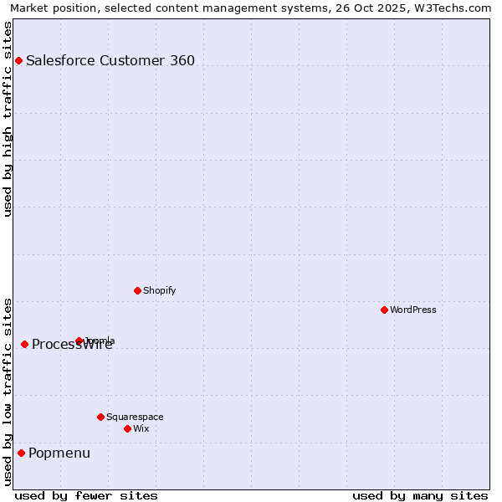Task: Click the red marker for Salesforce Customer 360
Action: [18, 60]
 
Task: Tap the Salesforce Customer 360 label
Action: [110, 60]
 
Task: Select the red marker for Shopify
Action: [137, 290]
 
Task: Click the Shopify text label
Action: [159, 290]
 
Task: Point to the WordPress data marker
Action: [384, 310]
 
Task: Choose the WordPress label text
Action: [413, 310]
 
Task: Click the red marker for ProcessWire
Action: [24, 344]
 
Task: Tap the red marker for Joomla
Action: [79, 341]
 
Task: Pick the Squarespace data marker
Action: [100, 417]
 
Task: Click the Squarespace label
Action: [135, 417]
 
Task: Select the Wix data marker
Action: [127, 428]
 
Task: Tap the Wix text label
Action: [141, 428]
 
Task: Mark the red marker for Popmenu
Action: [21, 453]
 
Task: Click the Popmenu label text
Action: [59, 453]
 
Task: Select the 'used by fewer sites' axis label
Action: [86, 495]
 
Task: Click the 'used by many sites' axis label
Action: [420, 495]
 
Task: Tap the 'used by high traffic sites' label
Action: [8, 118]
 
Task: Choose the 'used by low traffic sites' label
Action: [8, 392]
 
